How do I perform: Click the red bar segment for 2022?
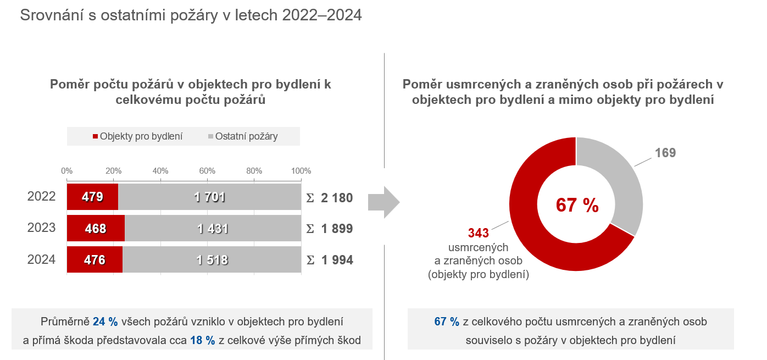coord(92,197)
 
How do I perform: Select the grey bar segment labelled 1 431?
coord(212,229)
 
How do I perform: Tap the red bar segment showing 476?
coord(95,260)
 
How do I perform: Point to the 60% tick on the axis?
coord(207,170)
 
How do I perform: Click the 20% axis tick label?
coord(113,170)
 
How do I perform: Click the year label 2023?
coord(42,228)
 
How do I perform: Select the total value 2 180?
coord(336,197)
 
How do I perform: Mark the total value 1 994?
coord(337,260)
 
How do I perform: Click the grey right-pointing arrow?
coord(383,202)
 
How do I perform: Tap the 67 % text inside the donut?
coord(577,205)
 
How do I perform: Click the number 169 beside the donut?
coord(665,153)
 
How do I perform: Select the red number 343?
coord(478,233)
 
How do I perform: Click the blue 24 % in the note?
coord(106,322)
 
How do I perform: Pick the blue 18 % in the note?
coord(203,341)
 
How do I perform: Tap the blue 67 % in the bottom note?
coord(447,322)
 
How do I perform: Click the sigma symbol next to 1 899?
coord(310,229)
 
